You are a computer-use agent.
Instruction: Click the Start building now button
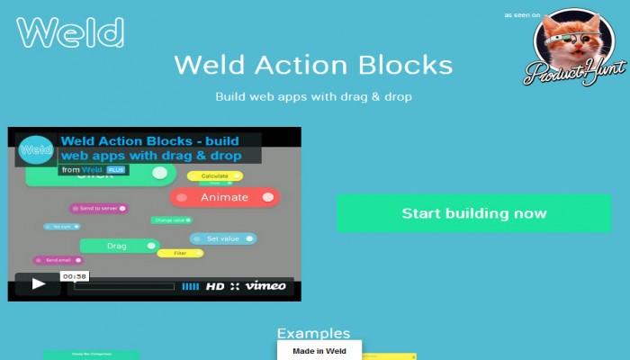tap(473, 213)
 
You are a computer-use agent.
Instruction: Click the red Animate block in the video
tap(225, 197)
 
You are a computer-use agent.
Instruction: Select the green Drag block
tap(118, 246)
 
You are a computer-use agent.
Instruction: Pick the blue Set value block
tap(223, 238)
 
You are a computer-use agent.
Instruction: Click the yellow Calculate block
tap(214, 175)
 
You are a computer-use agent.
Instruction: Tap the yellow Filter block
tap(180, 254)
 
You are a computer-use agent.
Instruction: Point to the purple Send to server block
tap(99, 208)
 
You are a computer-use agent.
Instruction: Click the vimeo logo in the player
tap(265, 286)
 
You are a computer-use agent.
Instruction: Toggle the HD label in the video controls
tap(215, 286)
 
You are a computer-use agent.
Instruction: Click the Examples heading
tap(313, 333)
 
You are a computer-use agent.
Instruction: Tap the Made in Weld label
tap(319, 351)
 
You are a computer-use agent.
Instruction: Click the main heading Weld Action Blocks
tap(313, 65)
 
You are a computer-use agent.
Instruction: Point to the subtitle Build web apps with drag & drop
tap(313, 95)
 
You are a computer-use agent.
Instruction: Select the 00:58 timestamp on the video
tap(74, 276)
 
